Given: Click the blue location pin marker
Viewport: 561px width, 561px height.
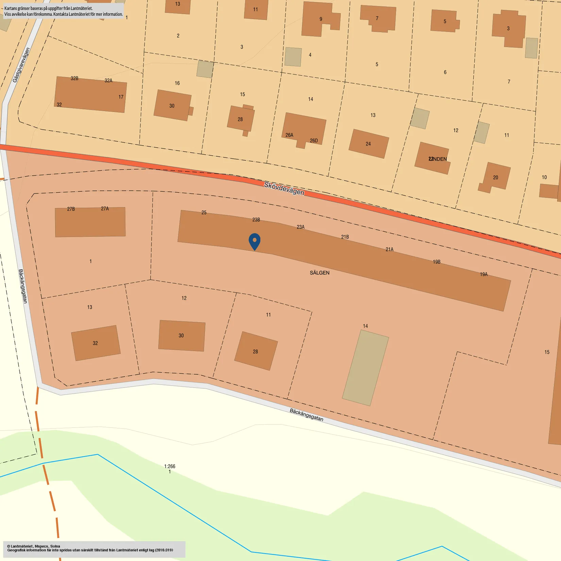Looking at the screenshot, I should (254, 241).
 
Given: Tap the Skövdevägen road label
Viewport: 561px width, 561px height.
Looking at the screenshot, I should (284, 188).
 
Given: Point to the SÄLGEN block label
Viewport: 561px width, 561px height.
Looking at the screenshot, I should (319, 273).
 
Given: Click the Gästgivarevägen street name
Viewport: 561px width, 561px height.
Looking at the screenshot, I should (21, 65).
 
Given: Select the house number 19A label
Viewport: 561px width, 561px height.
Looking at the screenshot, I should (483, 274).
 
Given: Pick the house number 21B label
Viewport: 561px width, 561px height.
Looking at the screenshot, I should (345, 237).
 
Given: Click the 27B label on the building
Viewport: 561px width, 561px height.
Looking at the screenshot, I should (71, 209).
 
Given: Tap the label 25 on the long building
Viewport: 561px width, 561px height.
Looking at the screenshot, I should (204, 213).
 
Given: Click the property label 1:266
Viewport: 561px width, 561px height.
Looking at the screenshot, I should (170, 466).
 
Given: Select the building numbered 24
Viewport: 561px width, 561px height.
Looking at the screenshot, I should (369, 143).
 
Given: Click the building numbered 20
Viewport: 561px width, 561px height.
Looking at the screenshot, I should (496, 177).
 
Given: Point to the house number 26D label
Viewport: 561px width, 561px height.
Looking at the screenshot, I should (313, 140).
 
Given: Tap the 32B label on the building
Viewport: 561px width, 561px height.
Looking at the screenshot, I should (74, 78).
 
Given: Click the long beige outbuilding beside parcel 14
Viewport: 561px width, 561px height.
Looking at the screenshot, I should (365, 368).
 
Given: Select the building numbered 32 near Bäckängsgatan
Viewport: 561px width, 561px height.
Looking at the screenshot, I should (96, 343).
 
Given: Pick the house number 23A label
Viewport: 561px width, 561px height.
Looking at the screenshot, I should (301, 227).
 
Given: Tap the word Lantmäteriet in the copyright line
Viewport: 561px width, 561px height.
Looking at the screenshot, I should (22, 546).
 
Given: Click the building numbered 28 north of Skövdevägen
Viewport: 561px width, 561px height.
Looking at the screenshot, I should (240, 119).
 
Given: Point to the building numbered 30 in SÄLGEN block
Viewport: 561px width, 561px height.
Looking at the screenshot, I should (182, 336).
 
